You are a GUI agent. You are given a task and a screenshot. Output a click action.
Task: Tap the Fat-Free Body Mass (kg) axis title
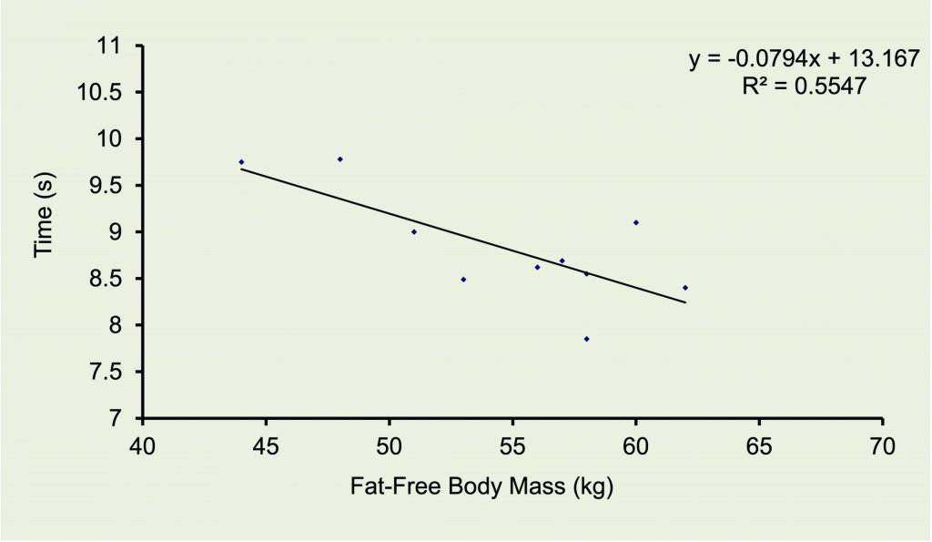pyautogui.click(x=482, y=486)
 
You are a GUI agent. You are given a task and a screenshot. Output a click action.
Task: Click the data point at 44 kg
pyautogui.click(x=241, y=162)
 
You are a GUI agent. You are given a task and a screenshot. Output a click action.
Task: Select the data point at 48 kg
pyautogui.click(x=340, y=159)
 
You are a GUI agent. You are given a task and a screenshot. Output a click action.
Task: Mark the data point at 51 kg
pyautogui.click(x=414, y=231)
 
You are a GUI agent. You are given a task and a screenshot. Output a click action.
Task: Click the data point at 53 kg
pyautogui.click(x=463, y=280)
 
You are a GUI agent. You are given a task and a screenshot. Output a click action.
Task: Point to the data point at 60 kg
pyautogui.click(x=636, y=222)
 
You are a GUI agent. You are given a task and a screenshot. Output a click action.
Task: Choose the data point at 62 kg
pyautogui.click(x=685, y=288)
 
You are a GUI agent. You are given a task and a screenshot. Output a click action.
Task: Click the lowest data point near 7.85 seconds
pyautogui.click(x=587, y=339)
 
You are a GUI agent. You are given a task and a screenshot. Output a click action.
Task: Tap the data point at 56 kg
pyautogui.click(x=537, y=267)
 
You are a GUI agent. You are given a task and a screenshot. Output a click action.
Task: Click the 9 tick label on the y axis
pyautogui.click(x=126, y=231)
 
